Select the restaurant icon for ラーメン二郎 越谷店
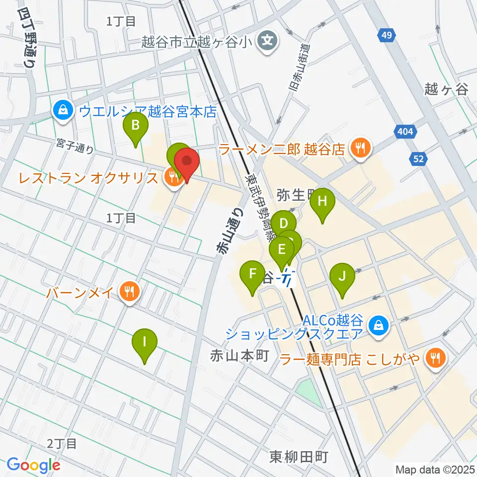point(359,147)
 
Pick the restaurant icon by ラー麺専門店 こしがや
point(436,357)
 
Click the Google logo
point(33,465)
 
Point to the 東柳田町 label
point(299,456)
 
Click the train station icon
point(287,279)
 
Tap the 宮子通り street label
point(75,148)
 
